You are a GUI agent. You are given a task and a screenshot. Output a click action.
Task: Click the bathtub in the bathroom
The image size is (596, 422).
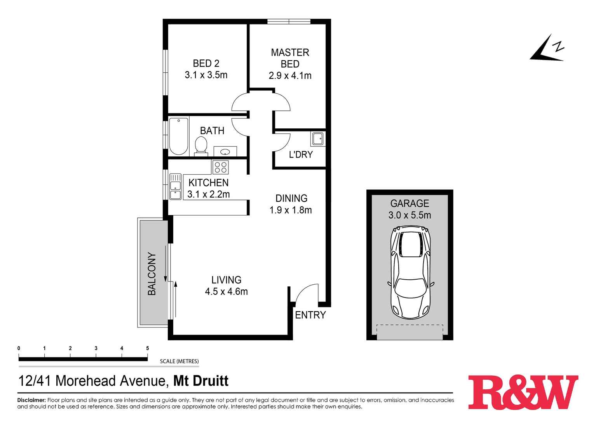pos(178,136)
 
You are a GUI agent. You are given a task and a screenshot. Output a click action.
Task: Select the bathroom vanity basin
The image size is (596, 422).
pos(225,151)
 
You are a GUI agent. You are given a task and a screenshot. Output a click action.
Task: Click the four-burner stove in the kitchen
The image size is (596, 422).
pos(221,167)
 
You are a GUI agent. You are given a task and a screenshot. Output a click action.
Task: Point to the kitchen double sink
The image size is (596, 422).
pos(175,187)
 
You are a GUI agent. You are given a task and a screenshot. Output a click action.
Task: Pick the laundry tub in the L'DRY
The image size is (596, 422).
pos(318,139)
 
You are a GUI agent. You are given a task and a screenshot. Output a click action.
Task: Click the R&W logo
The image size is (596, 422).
pos(523,392)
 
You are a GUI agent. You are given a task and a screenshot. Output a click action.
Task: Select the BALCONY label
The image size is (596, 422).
pos(152,274)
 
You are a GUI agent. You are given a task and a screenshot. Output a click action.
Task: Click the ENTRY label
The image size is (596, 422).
pos(310,315)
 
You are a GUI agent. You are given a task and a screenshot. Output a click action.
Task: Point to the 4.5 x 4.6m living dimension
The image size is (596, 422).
pos(226,291)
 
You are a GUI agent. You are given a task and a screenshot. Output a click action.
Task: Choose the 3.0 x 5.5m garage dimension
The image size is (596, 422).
pos(410,215)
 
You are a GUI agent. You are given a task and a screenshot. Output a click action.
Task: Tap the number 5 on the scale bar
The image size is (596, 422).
pos(147,348)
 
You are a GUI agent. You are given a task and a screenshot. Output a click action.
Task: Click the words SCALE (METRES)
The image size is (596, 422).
pos(179,361)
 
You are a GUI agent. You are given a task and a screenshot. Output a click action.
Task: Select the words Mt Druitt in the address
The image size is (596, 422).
pos(200,381)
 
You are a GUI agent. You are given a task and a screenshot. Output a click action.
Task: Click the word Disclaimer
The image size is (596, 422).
pos(31,400)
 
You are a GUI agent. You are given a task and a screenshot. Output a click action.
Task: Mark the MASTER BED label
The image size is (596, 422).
pos(290,58)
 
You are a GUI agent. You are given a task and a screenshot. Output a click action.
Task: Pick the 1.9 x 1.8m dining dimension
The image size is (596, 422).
pos(291,210)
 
